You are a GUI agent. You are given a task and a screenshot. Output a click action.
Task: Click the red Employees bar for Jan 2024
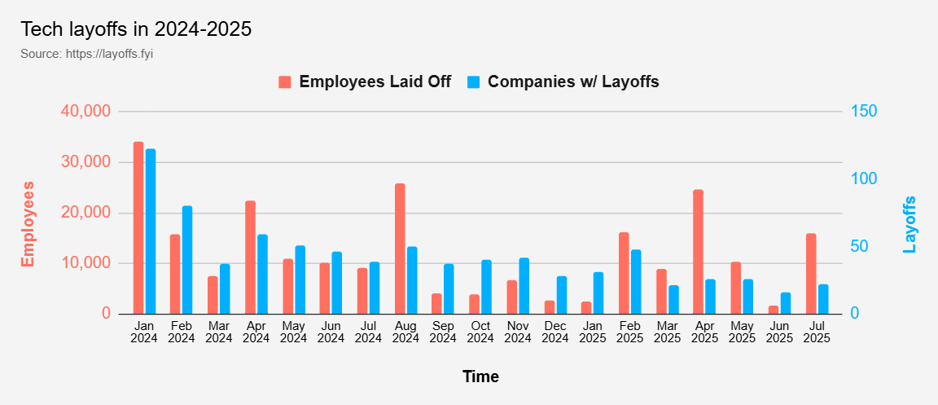pos(138,228)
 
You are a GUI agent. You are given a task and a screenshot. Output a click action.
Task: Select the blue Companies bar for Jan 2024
pos(151,231)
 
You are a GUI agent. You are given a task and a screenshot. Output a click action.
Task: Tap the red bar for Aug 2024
pos(400,249)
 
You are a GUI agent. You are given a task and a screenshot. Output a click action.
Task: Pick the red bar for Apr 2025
pos(698,252)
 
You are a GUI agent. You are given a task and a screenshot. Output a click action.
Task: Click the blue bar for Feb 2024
pos(187,260)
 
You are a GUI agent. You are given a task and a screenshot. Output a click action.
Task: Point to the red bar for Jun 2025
pos(773,310)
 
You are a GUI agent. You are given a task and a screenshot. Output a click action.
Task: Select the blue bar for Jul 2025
pos(823,299)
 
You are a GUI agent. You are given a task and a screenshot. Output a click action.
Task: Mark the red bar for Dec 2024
pos(550,307)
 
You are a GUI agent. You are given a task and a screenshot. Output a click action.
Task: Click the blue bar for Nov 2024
pos(524,286)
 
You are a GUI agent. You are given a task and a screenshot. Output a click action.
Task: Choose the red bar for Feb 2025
pos(624,273)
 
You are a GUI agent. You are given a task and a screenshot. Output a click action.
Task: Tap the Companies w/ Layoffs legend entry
pos(563,81)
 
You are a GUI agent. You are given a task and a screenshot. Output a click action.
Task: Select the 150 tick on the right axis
pos(863,112)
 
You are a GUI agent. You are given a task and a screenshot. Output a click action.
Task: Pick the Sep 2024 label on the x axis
pos(442,332)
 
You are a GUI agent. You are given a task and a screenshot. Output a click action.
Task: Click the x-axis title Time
pos(480,376)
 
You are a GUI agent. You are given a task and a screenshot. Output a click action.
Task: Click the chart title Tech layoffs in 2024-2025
pos(136,29)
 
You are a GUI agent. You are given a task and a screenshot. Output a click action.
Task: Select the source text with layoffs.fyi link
pos(87,54)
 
